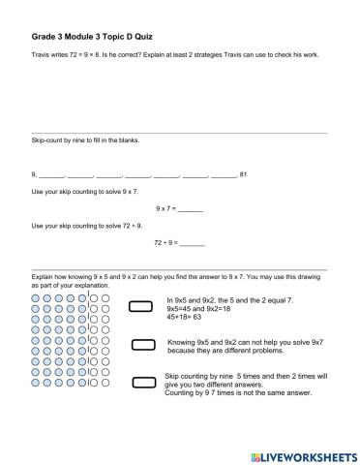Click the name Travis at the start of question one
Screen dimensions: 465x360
point(41,54)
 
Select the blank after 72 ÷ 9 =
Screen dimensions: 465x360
point(193,242)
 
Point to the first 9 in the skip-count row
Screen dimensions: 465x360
point(34,174)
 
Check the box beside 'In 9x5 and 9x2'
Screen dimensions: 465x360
point(141,307)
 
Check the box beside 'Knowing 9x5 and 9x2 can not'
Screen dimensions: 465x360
point(143,344)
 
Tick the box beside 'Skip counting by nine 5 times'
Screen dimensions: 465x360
point(143,382)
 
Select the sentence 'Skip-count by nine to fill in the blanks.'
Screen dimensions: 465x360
point(85,139)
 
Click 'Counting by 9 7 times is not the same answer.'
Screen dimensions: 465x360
point(233,392)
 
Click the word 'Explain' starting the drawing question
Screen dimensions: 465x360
point(44,277)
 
